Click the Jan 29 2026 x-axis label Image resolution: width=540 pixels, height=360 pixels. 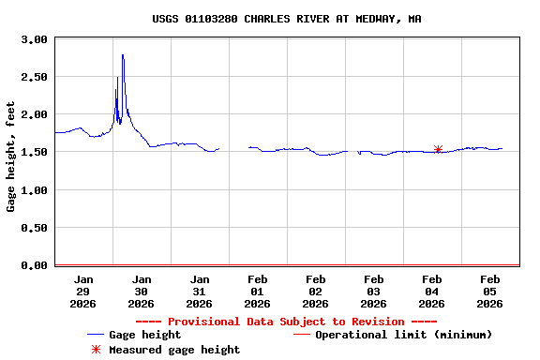coord(83,291)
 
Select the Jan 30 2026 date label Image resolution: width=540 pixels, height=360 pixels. coord(141,291)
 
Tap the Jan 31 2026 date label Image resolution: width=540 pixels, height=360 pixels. coord(199,291)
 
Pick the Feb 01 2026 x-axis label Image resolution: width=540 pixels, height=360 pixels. coord(257,291)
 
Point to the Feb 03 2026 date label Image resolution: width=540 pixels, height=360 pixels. coord(373,291)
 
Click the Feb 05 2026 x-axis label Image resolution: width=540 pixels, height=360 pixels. coord(489,291)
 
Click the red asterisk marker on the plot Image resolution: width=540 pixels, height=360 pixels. coord(438,149)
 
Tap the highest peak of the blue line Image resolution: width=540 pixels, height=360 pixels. coord(123,55)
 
